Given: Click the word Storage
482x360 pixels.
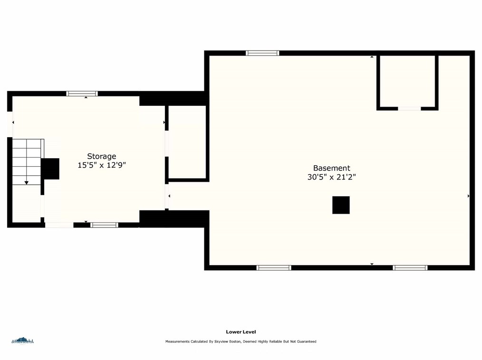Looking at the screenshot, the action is pyautogui.click(x=101, y=156).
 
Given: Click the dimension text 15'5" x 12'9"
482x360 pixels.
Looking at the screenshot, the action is pyautogui.click(x=102, y=165).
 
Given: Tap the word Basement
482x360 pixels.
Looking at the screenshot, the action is pyautogui.click(x=332, y=168).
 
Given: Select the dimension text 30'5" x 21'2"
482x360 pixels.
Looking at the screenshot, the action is pyautogui.click(x=332, y=177).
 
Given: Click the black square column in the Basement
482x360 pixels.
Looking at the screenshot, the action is pyautogui.click(x=341, y=205).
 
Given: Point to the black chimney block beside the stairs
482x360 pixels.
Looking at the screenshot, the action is pyautogui.click(x=50, y=169).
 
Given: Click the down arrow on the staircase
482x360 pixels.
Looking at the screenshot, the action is pyautogui.click(x=27, y=183).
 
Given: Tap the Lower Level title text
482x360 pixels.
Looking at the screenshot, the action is pyautogui.click(x=241, y=332).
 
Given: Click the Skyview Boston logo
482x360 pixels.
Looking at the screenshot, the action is pyautogui.click(x=22, y=341).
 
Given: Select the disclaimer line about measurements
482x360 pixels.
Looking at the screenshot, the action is pyautogui.click(x=241, y=341).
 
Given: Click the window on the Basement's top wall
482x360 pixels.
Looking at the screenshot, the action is pyautogui.click(x=262, y=53).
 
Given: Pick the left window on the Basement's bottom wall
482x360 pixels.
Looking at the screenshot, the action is pyautogui.click(x=274, y=268).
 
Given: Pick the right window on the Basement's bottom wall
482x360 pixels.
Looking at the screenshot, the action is pyautogui.click(x=410, y=268).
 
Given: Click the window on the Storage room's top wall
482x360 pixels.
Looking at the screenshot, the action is pyautogui.click(x=82, y=94).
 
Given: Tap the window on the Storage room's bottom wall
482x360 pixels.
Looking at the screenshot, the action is pyautogui.click(x=104, y=225).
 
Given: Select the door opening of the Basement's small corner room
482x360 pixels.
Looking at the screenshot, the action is pyautogui.click(x=409, y=108).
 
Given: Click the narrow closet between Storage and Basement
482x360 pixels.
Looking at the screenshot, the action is pyautogui.click(x=187, y=142).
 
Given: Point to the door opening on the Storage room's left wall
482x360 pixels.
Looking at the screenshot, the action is pyautogui.click(x=10, y=124).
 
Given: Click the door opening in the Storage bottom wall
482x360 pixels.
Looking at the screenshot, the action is pyautogui.click(x=59, y=225).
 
